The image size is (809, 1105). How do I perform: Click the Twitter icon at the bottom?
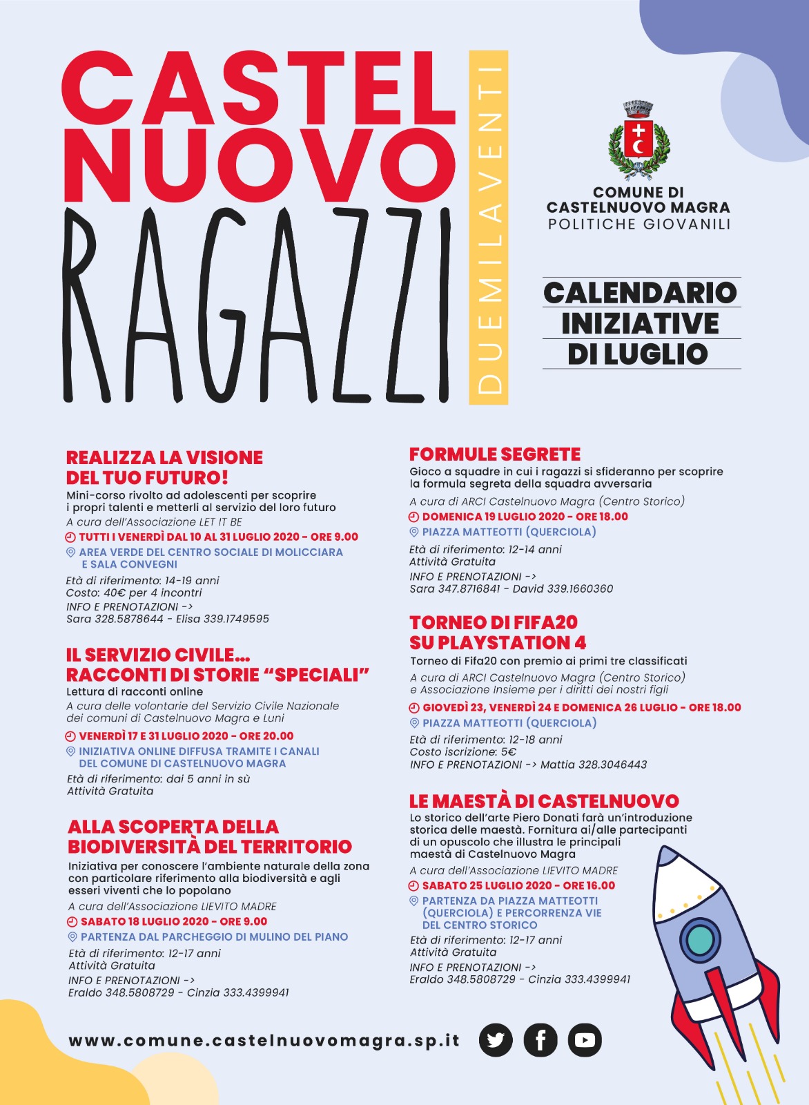click(x=496, y=1039)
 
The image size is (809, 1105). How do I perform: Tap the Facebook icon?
click(x=540, y=1039)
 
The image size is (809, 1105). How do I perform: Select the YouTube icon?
click(x=585, y=1039)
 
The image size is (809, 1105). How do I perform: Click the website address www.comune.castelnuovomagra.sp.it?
click(x=264, y=1041)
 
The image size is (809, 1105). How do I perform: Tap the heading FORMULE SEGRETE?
click(x=495, y=454)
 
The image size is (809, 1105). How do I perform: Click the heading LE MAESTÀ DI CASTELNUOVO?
click(x=544, y=801)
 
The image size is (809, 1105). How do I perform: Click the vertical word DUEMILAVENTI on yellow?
click(x=489, y=228)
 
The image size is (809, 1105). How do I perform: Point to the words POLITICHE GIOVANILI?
click(x=639, y=224)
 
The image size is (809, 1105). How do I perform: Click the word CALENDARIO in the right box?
click(x=640, y=292)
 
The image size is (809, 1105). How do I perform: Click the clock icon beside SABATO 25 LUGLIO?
click(x=414, y=885)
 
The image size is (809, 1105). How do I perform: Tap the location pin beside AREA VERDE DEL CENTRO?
click(x=70, y=552)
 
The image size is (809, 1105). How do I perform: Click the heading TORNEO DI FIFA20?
click(x=494, y=622)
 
